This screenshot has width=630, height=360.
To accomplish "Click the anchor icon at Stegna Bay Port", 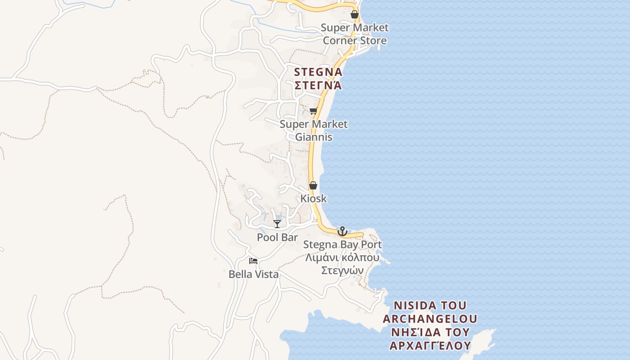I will [x=342, y=231].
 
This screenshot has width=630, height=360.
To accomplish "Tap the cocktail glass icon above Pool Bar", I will [x=277, y=224].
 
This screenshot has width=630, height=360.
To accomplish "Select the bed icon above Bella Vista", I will [x=253, y=261].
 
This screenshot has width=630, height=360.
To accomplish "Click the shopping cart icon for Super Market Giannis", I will [x=313, y=111].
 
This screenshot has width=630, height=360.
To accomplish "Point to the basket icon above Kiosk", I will [x=313, y=185].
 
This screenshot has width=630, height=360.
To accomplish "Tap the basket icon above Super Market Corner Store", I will [x=355, y=14].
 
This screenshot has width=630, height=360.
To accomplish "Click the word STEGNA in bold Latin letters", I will [x=318, y=72].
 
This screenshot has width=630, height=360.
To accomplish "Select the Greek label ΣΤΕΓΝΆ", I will [x=318, y=85].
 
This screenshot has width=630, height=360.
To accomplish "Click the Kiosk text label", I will [x=314, y=198].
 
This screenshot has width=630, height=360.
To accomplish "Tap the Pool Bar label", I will [x=277, y=237].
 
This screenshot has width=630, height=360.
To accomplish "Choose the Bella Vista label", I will [x=253, y=274].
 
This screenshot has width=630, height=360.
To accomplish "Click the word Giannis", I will [x=314, y=137].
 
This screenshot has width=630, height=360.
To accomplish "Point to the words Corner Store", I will [x=355, y=40].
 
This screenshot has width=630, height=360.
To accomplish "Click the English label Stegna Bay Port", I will [x=342, y=244].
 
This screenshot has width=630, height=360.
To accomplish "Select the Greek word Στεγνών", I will [x=342, y=270].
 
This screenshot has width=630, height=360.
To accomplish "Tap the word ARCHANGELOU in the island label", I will [x=430, y=319].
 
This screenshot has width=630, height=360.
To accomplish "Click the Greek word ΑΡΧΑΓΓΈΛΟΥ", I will [x=430, y=346].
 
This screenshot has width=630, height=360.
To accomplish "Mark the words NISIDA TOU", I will [x=430, y=306].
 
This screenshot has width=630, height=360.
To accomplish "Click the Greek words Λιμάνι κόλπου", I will [x=342, y=258].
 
